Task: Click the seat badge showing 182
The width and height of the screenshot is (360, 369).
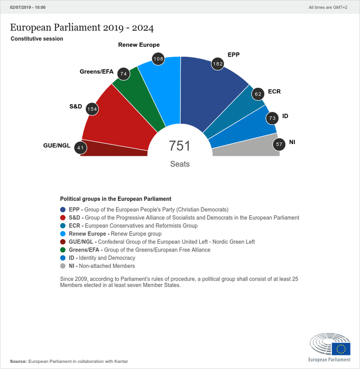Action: tap(218, 65)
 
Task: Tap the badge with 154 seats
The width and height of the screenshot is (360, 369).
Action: tap(92, 109)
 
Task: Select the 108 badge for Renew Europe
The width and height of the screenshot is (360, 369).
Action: tap(159, 58)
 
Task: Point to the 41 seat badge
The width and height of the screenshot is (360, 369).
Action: tap(81, 148)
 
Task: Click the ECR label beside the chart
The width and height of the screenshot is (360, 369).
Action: tap(274, 91)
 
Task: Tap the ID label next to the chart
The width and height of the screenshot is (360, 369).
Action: tap(285, 116)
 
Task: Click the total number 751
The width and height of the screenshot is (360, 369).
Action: tap(180, 146)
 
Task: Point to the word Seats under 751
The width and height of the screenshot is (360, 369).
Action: tap(180, 164)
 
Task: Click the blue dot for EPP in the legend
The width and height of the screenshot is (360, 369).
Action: tap(63, 209)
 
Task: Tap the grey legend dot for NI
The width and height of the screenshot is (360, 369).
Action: tap(63, 266)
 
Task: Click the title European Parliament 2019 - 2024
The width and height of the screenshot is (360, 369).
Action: tap(82, 28)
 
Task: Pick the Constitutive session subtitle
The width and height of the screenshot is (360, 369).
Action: tap(37, 39)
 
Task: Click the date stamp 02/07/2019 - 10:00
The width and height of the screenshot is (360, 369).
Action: tap(28, 7)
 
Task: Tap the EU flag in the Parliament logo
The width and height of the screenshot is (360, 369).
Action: tap(341, 349)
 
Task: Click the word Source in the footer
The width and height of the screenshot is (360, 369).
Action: tap(18, 361)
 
